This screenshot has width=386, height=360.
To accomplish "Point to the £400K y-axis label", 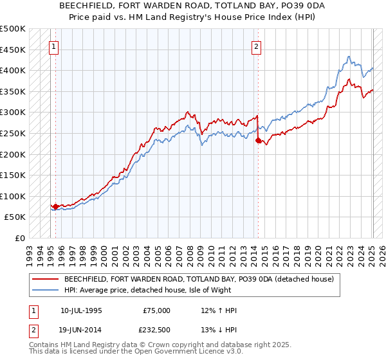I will coord(13,70).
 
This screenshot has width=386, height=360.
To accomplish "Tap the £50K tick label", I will coord(15,217).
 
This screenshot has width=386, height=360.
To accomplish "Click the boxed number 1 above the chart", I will coord(55,46).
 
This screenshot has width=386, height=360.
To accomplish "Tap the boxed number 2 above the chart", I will coord(257,46).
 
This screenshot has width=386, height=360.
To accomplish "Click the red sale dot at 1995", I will coord(55,207).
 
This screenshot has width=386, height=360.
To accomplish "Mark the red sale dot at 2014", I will coord(258,140).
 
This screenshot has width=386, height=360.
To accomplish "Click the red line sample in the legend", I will coord(46,280).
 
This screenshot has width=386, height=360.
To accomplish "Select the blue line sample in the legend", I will coord(46,289).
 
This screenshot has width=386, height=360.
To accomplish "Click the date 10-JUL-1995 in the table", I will coord(81,310).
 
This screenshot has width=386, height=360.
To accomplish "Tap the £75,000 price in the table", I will coord(157,310).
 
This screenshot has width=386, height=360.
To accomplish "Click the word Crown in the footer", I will coord(153,345).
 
